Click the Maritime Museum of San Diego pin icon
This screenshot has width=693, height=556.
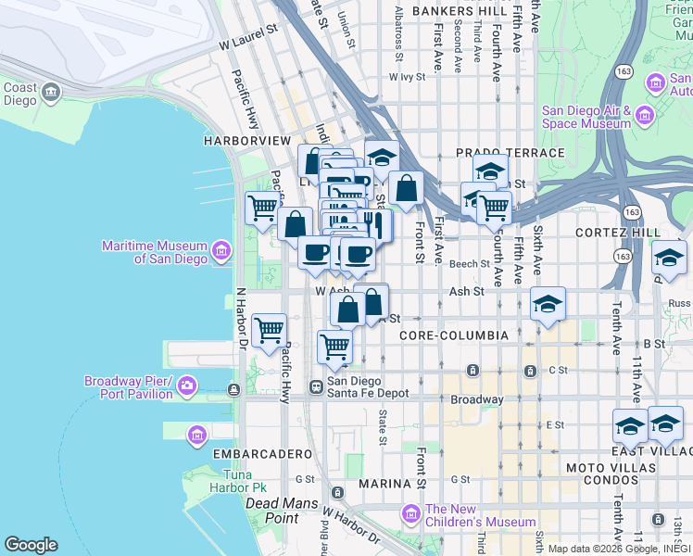220,251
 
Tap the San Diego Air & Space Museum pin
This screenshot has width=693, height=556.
645,116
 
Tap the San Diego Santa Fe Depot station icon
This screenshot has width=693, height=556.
316,386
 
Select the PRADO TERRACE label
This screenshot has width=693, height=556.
510,152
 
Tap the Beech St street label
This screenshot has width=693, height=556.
469,264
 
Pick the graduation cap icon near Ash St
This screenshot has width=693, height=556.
548,304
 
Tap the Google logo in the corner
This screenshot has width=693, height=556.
31,545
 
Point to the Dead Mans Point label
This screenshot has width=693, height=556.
271,511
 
